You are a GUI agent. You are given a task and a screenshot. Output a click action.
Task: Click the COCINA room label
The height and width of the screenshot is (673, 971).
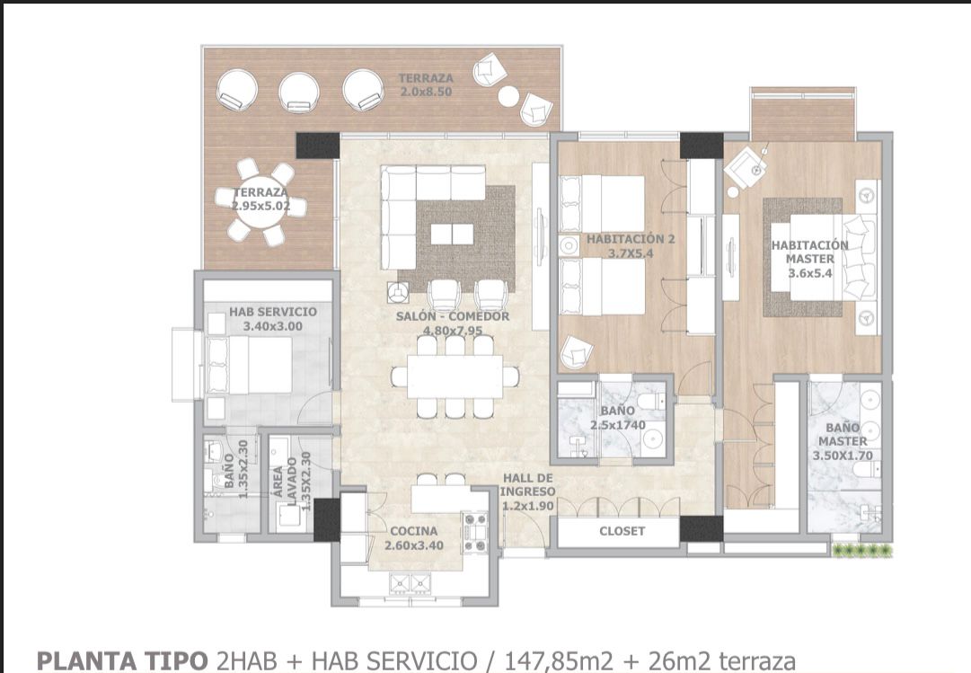(414, 531)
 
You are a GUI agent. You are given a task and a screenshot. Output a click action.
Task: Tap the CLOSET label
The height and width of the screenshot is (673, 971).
(622, 531)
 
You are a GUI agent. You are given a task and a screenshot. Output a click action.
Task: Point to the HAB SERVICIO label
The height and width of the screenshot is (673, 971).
(272, 312)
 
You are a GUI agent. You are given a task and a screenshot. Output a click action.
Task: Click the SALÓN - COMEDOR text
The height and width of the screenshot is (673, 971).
(453, 316)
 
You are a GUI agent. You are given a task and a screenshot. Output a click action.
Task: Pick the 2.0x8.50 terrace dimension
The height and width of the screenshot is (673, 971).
(426, 92)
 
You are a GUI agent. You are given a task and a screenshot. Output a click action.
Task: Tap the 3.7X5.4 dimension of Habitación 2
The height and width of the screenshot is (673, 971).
(631, 252)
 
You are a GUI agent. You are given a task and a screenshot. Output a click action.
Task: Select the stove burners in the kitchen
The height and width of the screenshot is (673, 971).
(475, 532)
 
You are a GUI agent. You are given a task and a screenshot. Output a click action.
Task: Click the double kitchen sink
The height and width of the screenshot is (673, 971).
(410, 582)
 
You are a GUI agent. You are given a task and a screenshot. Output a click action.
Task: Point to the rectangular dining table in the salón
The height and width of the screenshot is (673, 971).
(455, 376)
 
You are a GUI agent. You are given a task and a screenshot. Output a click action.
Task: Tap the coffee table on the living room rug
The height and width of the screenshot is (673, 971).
(452, 235)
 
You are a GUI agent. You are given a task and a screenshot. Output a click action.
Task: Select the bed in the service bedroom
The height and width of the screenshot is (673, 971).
(249, 366)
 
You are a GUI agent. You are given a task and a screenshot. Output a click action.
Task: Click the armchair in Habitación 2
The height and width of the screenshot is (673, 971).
(577, 352)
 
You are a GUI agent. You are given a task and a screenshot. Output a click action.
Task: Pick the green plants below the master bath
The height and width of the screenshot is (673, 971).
(862, 550)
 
